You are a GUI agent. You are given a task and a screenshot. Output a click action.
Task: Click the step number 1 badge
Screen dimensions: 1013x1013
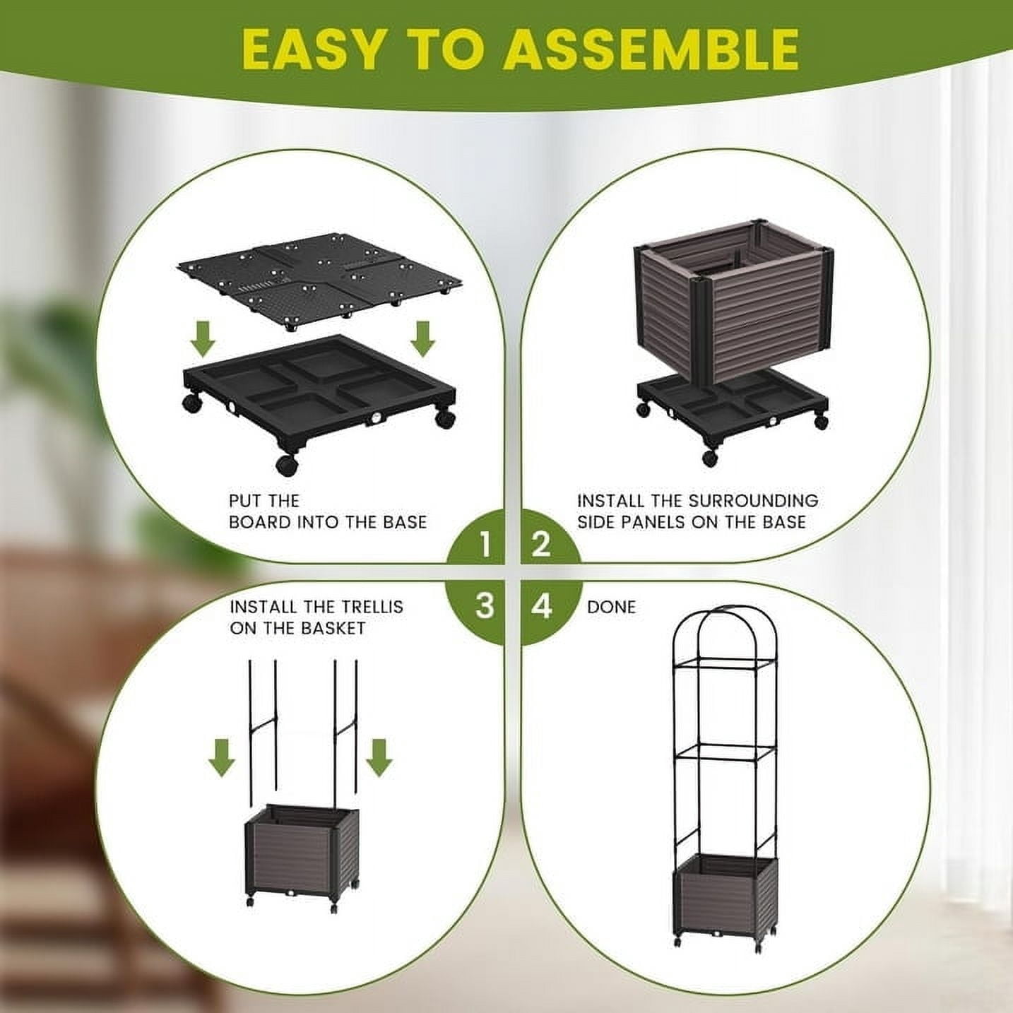(484, 545)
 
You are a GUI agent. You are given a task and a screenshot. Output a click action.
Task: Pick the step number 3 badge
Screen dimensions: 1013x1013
(484, 605)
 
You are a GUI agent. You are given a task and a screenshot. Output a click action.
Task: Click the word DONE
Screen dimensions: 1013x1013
(611, 608)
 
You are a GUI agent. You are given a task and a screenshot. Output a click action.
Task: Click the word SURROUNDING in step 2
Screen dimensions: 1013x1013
(753, 500)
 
